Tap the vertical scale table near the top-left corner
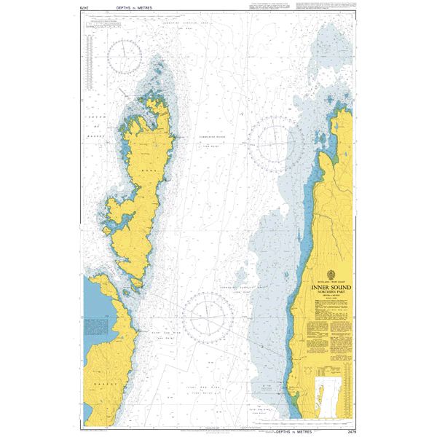coord(90,55)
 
